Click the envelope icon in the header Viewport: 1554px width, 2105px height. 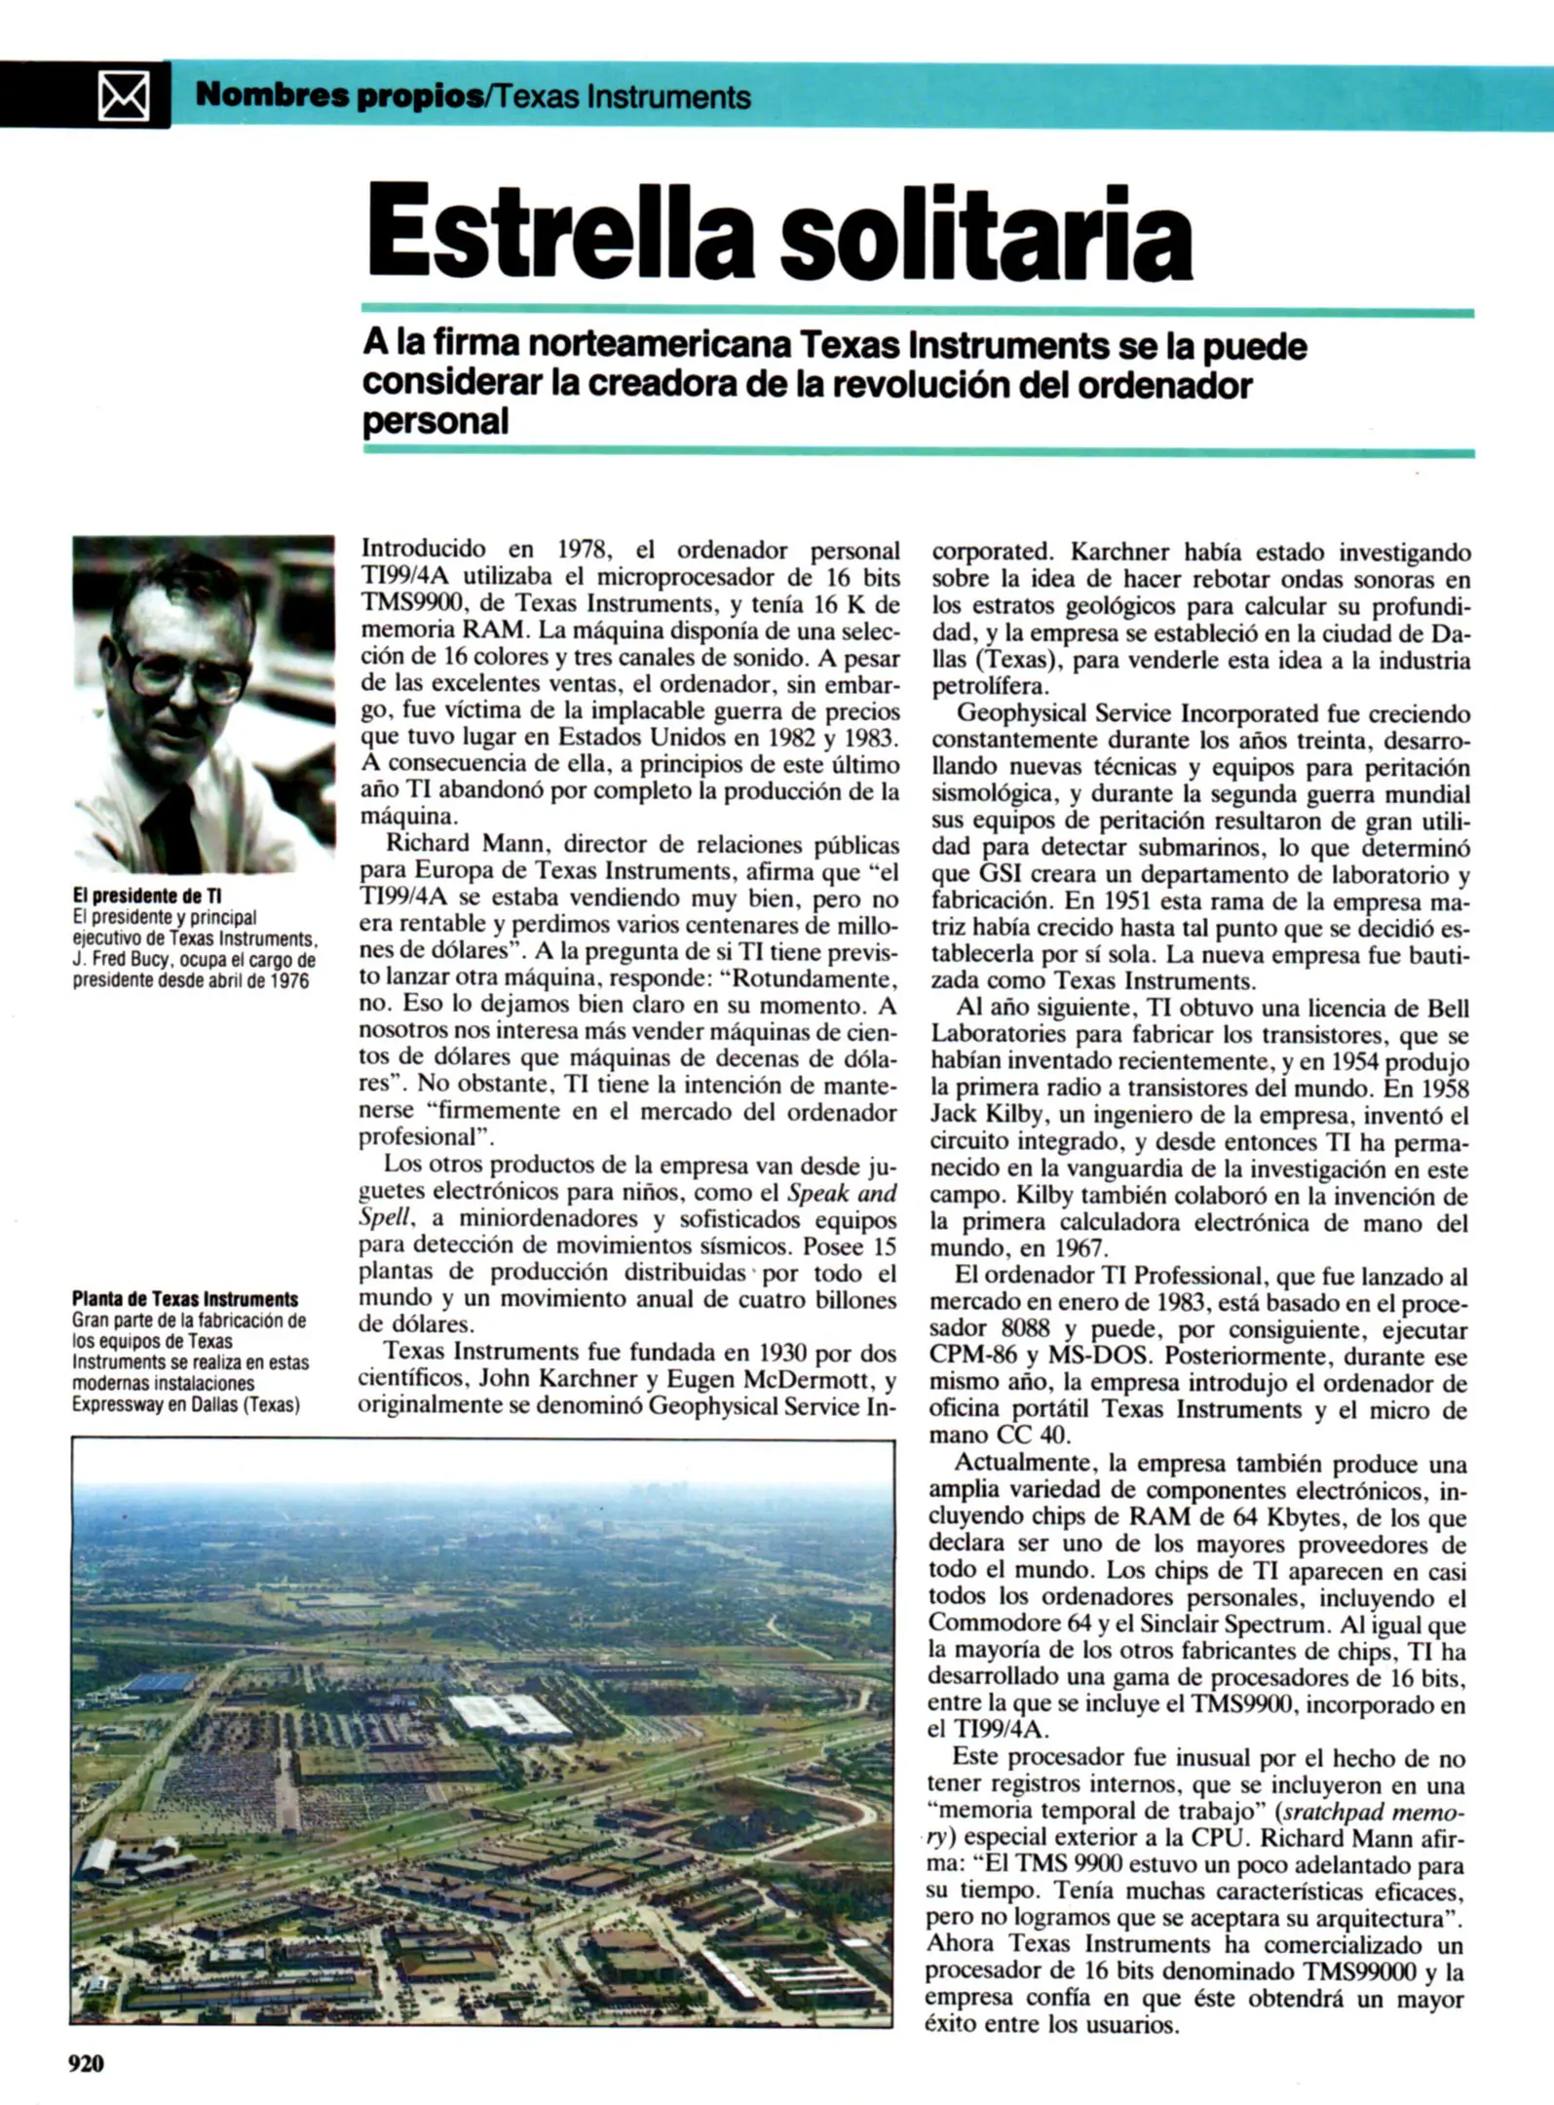coord(125,96)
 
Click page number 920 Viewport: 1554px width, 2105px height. coord(86,2062)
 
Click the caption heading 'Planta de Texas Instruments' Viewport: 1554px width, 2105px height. coord(185,1299)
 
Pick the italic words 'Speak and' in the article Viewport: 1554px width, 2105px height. coord(842,1193)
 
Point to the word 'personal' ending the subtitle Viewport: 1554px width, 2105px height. coord(436,423)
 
